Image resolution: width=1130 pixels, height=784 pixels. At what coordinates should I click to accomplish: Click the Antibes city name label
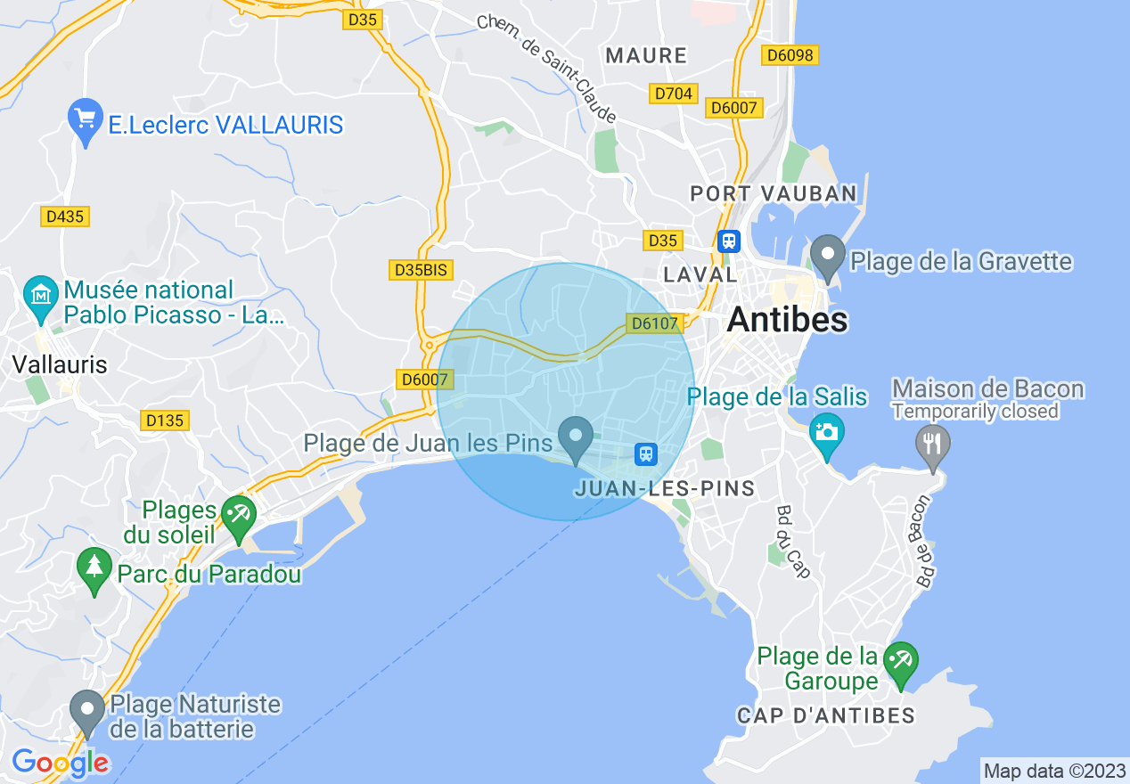tap(787, 320)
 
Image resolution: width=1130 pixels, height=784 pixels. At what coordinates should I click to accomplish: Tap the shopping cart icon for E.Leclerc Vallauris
tap(86, 119)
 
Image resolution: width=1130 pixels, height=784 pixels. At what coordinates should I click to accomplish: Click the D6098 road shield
tap(790, 55)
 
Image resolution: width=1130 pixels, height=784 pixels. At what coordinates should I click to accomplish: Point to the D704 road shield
tap(674, 93)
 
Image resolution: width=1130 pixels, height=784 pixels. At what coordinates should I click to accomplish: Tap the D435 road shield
tap(66, 216)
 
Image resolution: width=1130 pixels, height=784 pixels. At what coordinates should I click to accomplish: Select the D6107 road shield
tap(654, 323)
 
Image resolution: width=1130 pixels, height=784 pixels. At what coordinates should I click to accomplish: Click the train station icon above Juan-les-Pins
tap(646, 454)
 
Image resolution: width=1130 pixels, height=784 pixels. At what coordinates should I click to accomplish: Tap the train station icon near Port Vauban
tap(729, 241)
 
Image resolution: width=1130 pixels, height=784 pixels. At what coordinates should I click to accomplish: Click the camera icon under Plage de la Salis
tap(826, 433)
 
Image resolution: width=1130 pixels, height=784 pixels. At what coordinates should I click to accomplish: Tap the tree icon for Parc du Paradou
tap(94, 568)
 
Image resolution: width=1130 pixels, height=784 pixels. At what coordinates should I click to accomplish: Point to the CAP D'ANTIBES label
tap(826, 715)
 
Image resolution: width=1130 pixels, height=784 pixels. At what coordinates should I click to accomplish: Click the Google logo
tap(60, 763)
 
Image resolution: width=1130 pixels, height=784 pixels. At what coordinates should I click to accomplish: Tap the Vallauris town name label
tap(60, 363)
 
